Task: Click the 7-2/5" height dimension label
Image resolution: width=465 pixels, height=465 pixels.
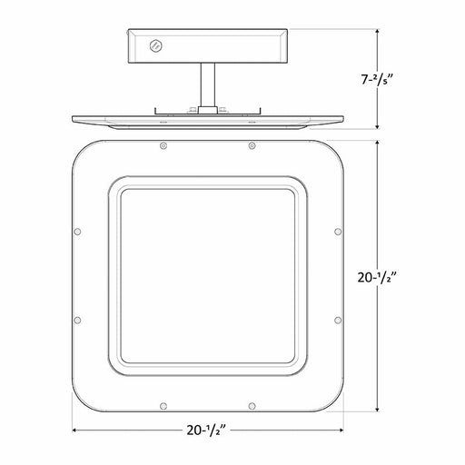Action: (377, 80)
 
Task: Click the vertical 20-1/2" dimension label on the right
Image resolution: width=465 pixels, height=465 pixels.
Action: (377, 277)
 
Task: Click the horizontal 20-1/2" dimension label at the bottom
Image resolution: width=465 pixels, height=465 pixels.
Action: (207, 430)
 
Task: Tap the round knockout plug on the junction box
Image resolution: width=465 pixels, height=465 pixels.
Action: (156, 46)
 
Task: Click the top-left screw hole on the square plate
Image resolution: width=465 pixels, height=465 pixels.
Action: (163, 146)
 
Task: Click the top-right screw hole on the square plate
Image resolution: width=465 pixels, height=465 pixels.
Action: (252, 146)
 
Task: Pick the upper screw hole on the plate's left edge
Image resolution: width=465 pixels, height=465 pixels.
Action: (77, 232)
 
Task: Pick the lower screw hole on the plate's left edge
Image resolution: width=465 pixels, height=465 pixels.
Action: (77, 320)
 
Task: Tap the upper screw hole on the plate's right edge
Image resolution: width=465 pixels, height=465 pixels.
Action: (338, 232)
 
